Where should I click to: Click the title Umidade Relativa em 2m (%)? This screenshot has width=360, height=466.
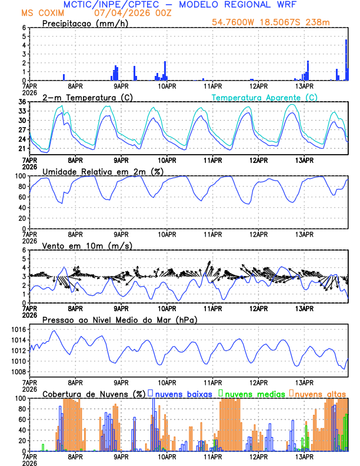coord(102,171)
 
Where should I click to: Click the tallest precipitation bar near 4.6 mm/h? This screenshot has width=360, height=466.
coord(346,59)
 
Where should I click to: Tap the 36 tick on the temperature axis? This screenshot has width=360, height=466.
coord(22,102)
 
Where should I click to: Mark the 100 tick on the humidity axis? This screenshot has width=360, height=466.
coord(19,176)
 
